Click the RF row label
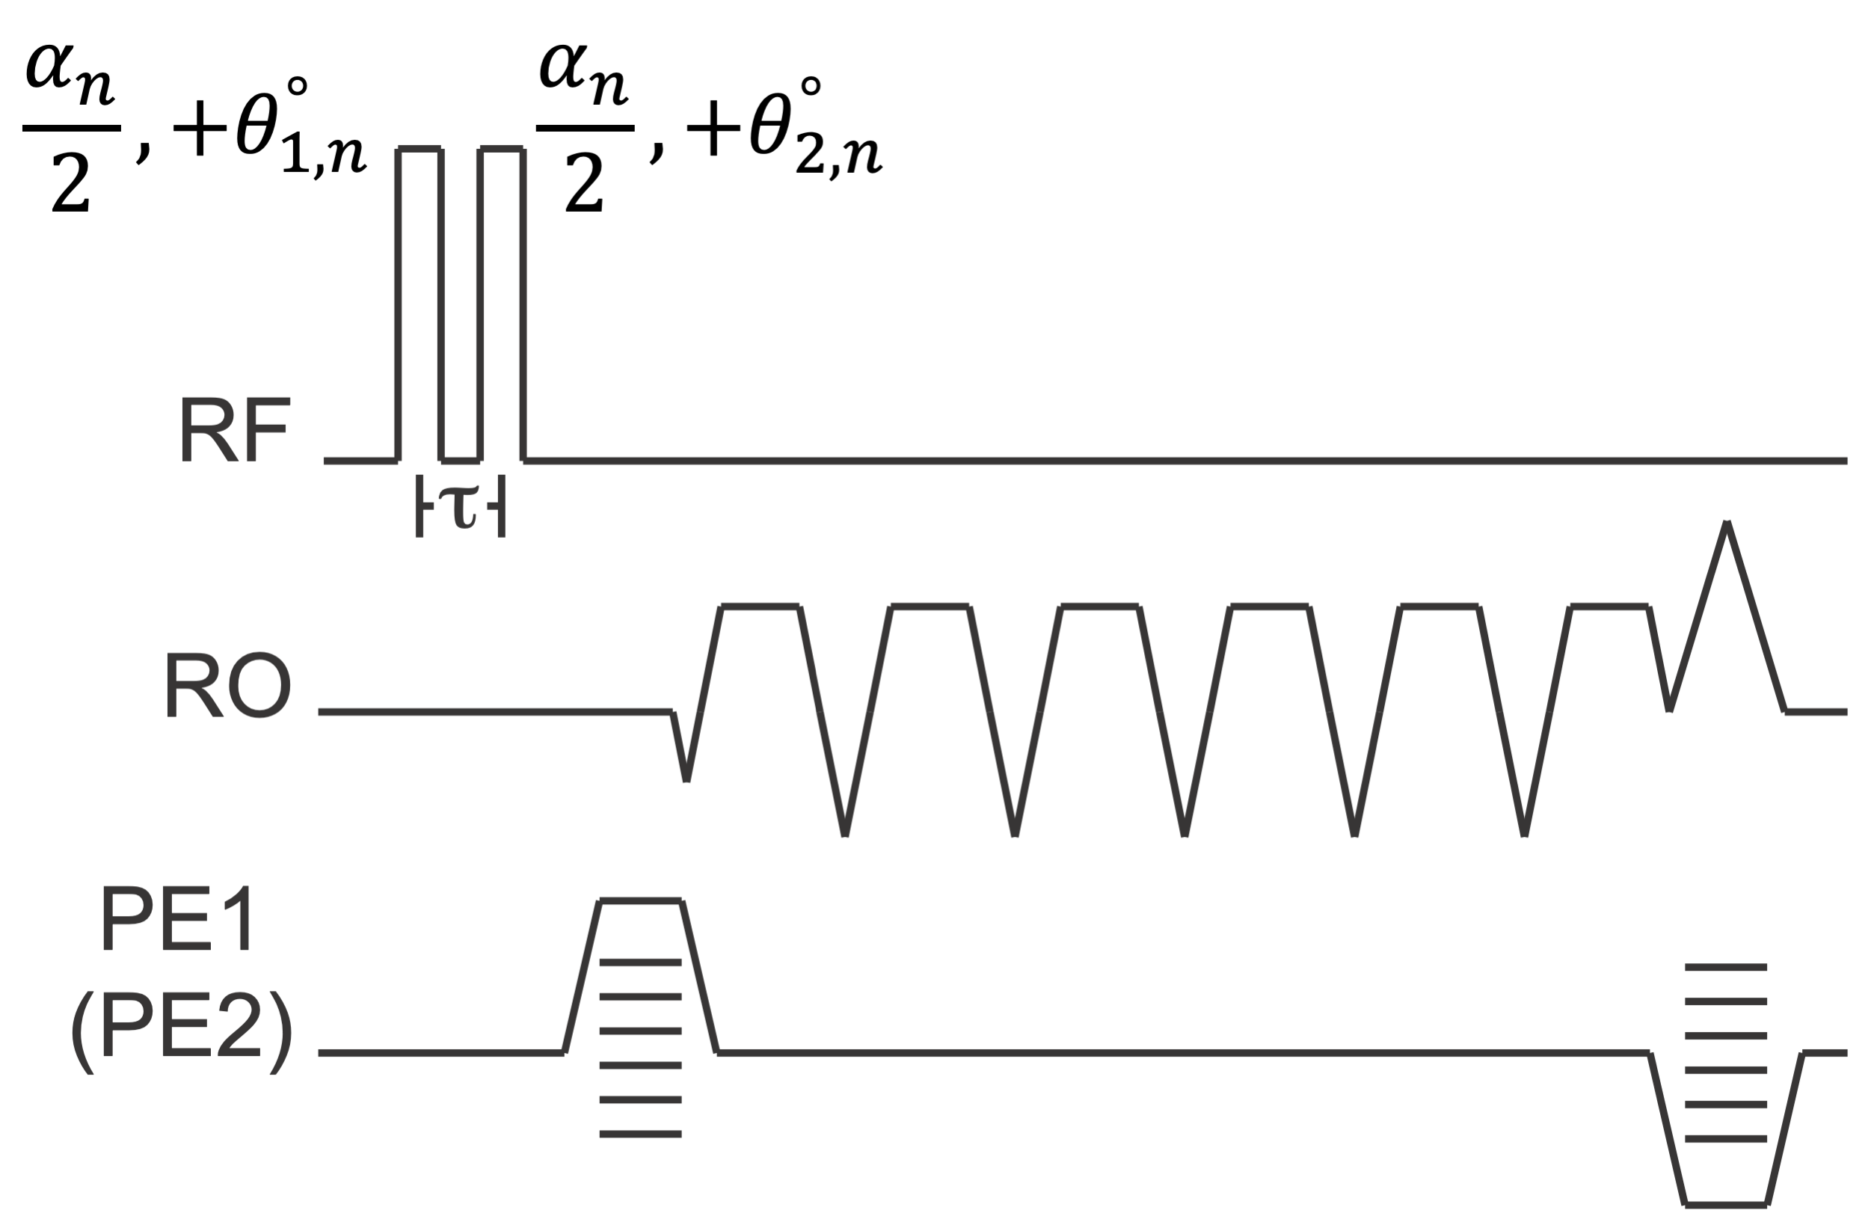(x=234, y=430)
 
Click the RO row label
(x=227, y=685)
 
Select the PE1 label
(x=179, y=918)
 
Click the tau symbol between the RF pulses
(x=460, y=506)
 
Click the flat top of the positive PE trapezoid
(x=641, y=902)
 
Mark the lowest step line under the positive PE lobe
(x=640, y=1134)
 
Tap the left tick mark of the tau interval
(x=420, y=506)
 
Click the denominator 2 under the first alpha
(x=71, y=182)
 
